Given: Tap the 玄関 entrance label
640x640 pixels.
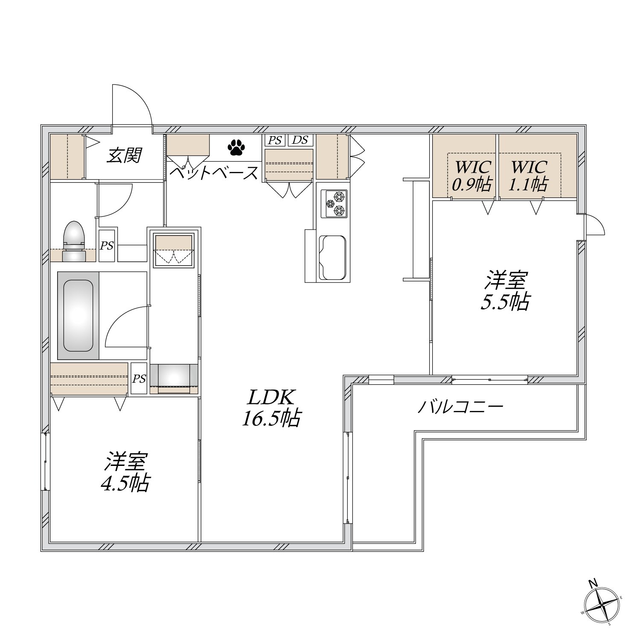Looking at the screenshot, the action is click(124, 155).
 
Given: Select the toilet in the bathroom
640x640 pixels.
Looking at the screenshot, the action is click(73, 241).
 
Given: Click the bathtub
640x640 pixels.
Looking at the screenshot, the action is click(78, 315).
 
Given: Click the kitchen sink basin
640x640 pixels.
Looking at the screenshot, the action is click(333, 256).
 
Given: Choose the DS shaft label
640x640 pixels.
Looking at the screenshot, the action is click(300, 140).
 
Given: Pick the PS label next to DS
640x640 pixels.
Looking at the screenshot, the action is click(275, 140).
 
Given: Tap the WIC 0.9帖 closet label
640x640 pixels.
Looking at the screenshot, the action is click(471, 175).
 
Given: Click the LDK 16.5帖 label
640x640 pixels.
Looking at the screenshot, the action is click(271, 408).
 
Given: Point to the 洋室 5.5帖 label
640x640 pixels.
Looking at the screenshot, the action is click(505, 291).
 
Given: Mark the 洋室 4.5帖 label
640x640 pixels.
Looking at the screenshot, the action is click(125, 473).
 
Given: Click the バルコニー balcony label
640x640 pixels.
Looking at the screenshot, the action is click(460, 407).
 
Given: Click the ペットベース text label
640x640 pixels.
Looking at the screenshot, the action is click(214, 173).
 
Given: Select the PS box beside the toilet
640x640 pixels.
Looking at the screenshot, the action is click(107, 246).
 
